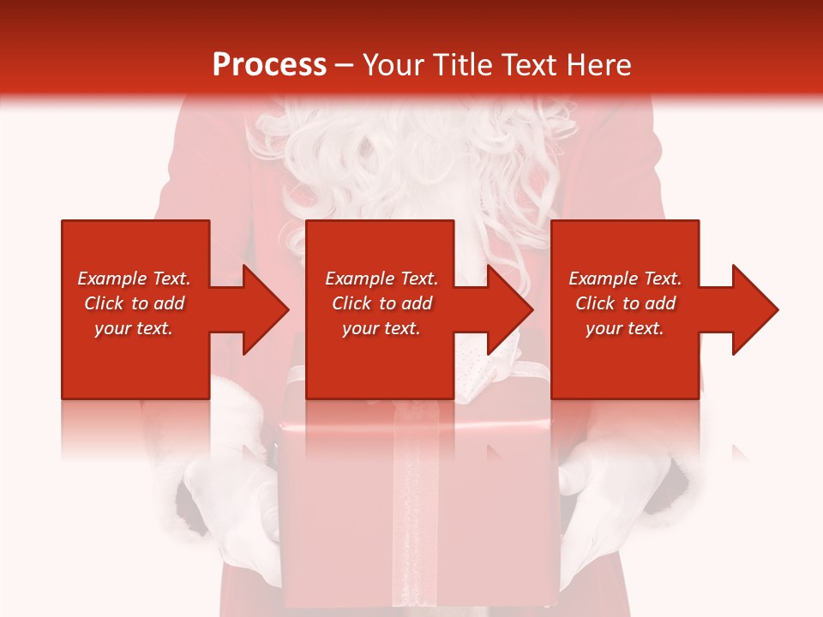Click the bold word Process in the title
tap(269, 65)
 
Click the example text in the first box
tap(134, 303)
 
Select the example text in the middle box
tap(381, 303)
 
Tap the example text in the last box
tap(625, 303)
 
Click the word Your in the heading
tap(392, 65)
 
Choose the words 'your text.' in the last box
tap(625, 328)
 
